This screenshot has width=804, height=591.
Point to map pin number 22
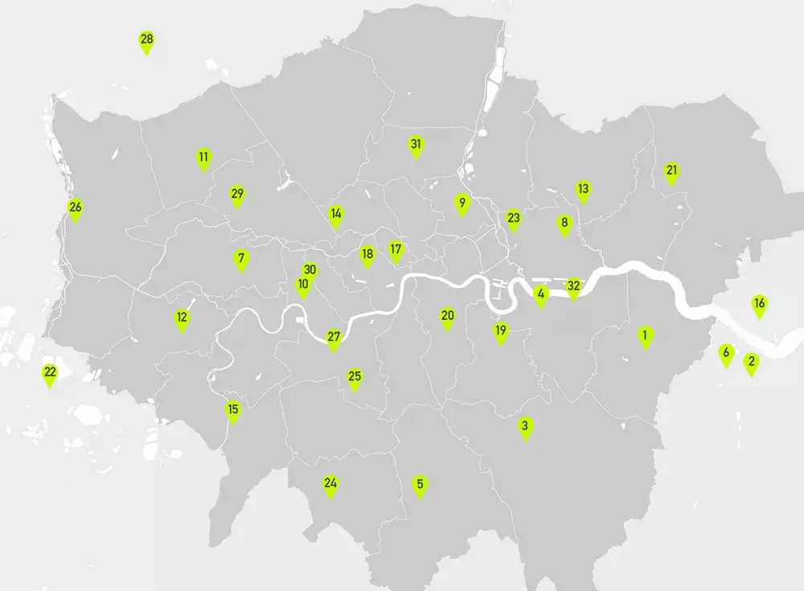[50, 374]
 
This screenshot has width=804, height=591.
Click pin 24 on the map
[330, 486]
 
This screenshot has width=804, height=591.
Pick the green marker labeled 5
[420, 486]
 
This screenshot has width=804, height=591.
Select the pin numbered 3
[525, 427]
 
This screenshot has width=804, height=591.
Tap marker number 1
[645, 336]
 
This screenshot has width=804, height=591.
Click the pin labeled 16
[759, 306]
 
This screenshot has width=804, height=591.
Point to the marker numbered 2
[751, 363]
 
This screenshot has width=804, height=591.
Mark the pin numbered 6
[726, 354]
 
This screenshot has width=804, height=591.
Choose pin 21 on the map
[672, 172]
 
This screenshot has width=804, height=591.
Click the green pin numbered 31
[416, 146]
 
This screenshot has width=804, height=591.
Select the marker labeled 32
[573, 287]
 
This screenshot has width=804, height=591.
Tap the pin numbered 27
[334, 339]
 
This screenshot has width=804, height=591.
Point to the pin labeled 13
[583, 191]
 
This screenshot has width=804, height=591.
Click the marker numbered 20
[448, 318]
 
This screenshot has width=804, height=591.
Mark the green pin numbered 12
[183, 319]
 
